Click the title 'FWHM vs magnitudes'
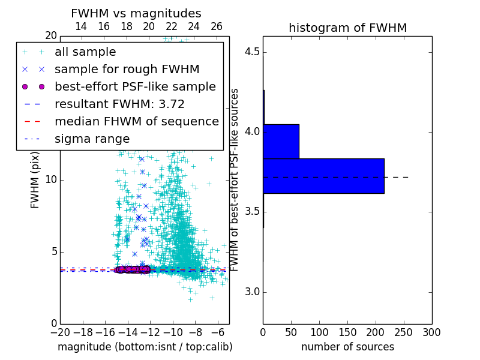point(136,14)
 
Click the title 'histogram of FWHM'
point(347,28)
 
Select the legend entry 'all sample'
point(85,52)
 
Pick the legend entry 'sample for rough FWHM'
point(127,69)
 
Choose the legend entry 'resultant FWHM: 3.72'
point(119,104)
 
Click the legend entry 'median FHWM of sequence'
point(136,121)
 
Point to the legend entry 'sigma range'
point(92,139)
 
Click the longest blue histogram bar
point(323,176)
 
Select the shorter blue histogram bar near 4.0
point(281,141)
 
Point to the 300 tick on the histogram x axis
point(431,332)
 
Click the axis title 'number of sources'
point(347,347)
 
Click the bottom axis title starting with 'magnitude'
point(145,347)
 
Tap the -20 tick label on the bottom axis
point(60,332)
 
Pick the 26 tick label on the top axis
point(217,26)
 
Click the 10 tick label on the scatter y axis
point(50,180)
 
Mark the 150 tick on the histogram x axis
point(347,332)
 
